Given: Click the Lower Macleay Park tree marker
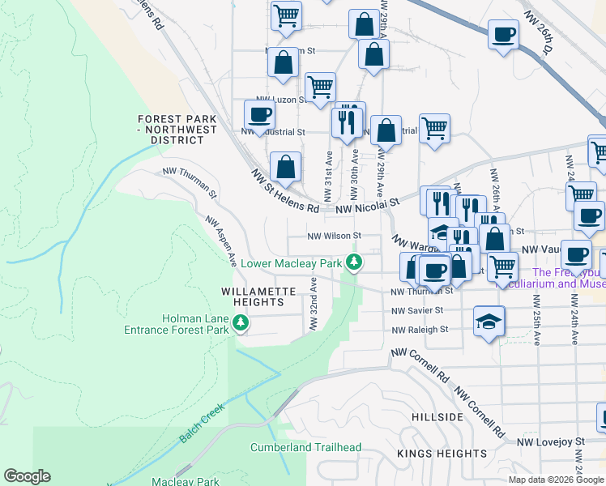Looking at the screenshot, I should [354, 262].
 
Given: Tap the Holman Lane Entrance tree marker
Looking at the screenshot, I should [240, 324].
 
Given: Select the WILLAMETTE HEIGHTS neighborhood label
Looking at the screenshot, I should [254, 296].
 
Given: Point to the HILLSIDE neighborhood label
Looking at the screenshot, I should [437, 417].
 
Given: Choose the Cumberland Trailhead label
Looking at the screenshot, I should [305, 447].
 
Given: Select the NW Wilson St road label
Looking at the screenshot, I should [333, 237].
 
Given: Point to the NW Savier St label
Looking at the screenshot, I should [417, 310].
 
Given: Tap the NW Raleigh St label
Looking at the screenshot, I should [420, 330].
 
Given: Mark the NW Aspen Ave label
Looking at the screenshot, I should [220, 241].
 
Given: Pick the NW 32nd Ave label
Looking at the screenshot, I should [312, 305].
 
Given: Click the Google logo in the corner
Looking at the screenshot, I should [27, 476].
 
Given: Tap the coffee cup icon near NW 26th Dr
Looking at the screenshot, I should [504, 35].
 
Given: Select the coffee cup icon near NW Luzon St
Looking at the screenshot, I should [261, 114].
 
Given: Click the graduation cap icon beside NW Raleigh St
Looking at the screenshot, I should [489, 321].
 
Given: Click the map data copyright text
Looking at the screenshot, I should [556, 480].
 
